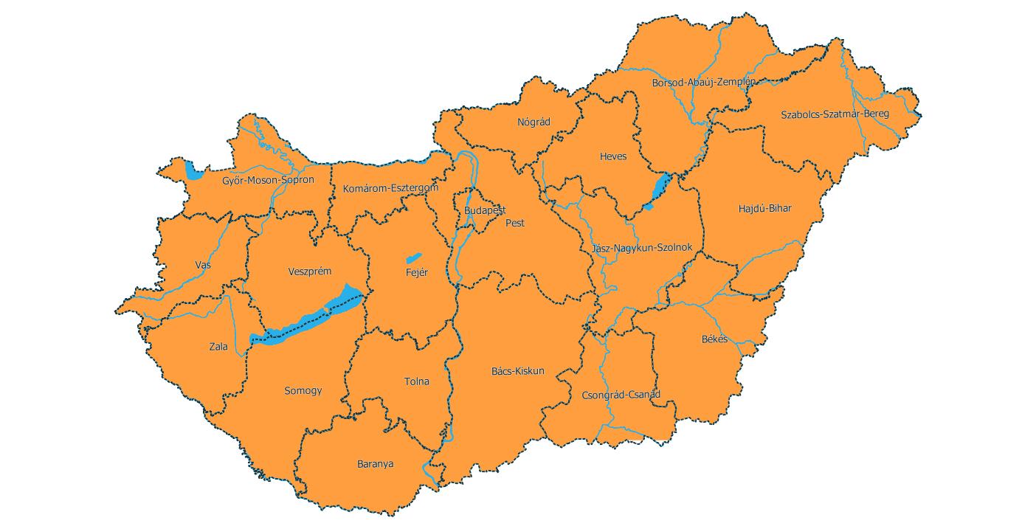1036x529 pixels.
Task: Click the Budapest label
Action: (x=485, y=211)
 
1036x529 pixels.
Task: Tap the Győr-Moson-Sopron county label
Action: (x=268, y=180)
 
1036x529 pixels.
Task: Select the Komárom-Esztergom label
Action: (x=390, y=189)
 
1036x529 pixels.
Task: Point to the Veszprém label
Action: (x=309, y=272)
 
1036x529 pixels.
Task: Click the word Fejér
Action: (x=417, y=273)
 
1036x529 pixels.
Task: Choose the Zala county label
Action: (x=218, y=347)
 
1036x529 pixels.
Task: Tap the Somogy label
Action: (x=303, y=391)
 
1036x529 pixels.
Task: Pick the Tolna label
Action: (x=416, y=382)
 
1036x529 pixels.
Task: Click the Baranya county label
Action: (x=375, y=464)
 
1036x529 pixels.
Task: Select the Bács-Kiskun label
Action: (x=517, y=371)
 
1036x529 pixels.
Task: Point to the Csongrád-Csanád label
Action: (x=621, y=395)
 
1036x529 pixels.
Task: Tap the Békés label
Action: (x=714, y=339)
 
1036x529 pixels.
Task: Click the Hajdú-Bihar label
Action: (x=764, y=209)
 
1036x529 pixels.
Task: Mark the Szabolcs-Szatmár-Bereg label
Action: (x=835, y=114)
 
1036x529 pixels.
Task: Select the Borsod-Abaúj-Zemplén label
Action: (x=703, y=83)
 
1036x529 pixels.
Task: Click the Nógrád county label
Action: (x=533, y=122)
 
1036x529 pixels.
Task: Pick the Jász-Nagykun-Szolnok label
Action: (x=642, y=248)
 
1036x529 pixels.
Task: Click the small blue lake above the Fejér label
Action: (x=413, y=258)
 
